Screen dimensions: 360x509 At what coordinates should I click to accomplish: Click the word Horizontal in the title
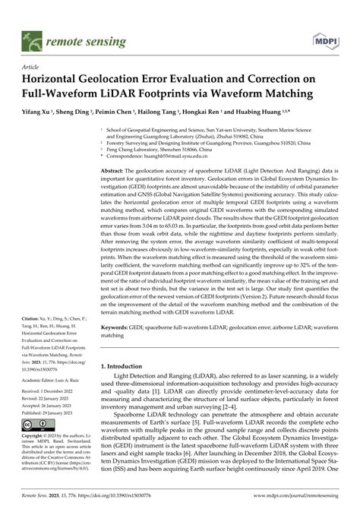[x=57, y=80]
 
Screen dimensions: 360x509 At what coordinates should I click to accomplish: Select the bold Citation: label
[x=33, y=361]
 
